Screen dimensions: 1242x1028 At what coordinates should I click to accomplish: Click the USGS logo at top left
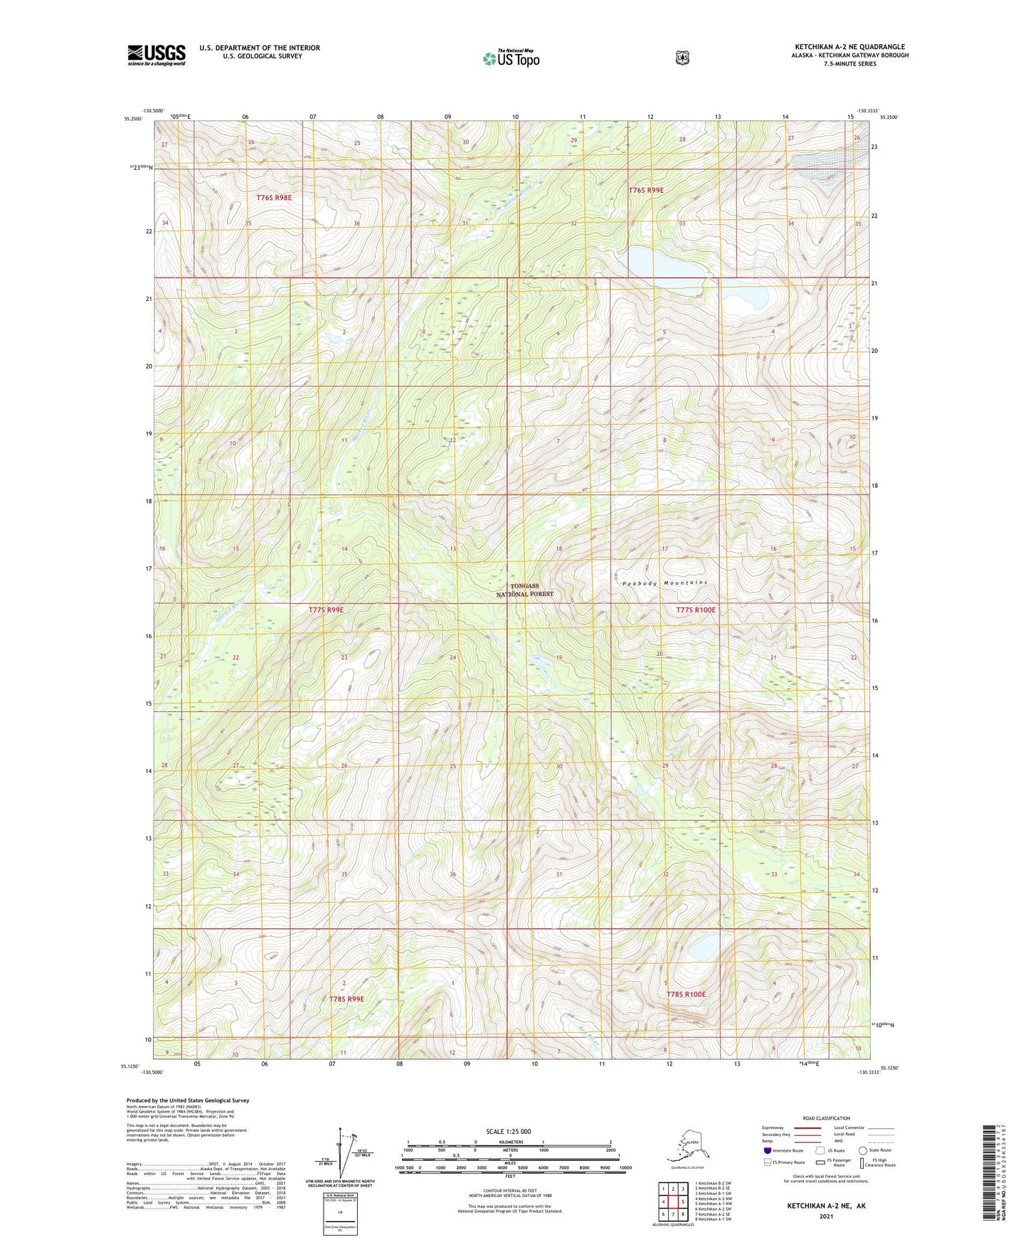click(156, 55)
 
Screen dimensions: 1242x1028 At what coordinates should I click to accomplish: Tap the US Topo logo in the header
click(511, 58)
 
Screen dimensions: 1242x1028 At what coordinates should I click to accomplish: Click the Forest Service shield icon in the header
click(682, 58)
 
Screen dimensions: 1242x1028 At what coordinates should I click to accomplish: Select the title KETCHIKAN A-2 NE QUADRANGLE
click(849, 47)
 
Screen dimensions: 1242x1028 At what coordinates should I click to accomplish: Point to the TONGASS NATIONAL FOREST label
click(524, 590)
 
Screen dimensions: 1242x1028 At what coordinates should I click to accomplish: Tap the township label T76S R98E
click(274, 197)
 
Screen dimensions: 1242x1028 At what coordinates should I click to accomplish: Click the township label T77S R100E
click(696, 610)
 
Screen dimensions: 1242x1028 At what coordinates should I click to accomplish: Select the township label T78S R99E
click(346, 999)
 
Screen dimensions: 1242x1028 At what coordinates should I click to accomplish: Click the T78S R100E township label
click(686, 994)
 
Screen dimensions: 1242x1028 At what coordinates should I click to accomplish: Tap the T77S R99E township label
click(327, 610)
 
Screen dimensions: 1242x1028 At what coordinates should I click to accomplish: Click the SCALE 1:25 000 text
click(509, 1131)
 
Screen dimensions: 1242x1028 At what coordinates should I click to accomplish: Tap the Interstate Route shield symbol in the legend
click(767, 1150)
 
